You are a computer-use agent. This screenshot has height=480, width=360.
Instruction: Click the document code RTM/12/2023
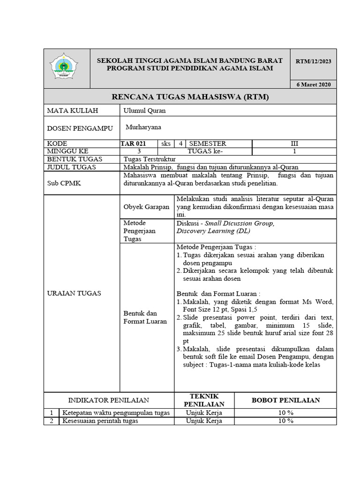coord(313,61)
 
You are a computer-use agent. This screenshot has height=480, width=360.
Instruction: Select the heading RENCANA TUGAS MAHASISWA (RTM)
coord(190,97)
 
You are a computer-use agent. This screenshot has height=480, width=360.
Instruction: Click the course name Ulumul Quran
coord(144,111)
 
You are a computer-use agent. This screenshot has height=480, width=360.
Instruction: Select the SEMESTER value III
coord(294,143)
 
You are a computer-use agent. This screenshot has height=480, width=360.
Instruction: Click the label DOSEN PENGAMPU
coord(71,128)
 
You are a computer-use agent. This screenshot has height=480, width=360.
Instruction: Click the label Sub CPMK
coord(64,183)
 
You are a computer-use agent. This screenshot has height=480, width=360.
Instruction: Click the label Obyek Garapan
coord(146,207)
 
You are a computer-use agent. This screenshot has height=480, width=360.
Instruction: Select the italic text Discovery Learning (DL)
coord(213,231)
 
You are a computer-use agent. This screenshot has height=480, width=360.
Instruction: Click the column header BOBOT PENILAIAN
coord(286,400)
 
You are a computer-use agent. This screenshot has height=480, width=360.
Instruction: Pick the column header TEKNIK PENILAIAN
coord(204,400)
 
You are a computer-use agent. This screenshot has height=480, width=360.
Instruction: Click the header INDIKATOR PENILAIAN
coord(109,400)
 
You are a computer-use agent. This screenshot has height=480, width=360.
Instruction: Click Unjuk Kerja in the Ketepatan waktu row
coord(204,412)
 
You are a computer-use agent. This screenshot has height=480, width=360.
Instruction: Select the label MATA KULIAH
coord(72,111)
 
